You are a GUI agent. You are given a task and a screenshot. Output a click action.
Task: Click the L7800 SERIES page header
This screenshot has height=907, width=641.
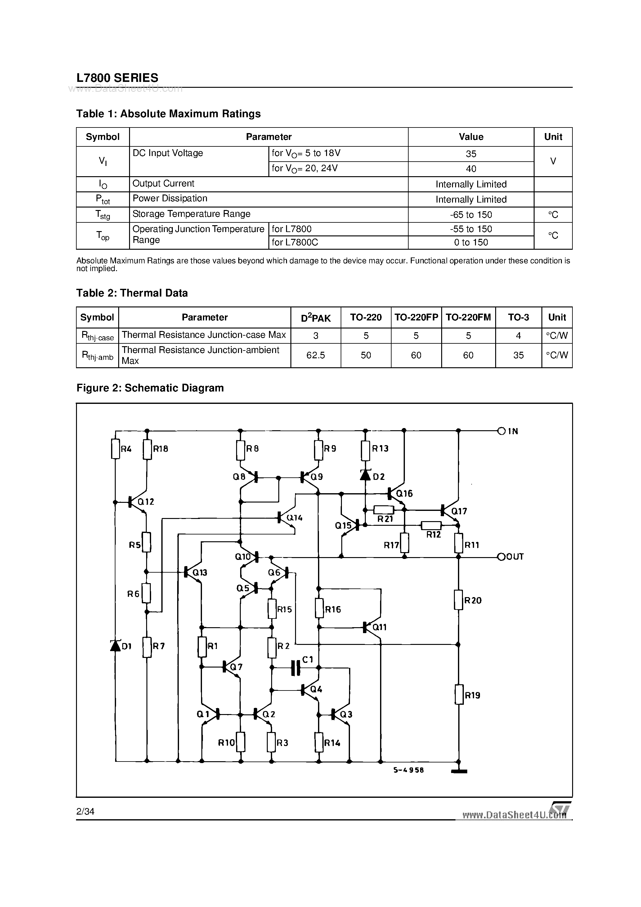click(117, 78)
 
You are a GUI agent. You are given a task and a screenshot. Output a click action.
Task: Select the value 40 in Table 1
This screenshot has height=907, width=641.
click(471, 169)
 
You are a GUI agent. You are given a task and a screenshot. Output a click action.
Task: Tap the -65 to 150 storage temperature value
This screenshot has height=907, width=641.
click(471, 215)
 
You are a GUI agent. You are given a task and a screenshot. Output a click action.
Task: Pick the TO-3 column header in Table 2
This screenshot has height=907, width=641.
click(518, 317)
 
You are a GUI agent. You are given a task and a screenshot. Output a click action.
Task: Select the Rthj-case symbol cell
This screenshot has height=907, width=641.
click(97, 336)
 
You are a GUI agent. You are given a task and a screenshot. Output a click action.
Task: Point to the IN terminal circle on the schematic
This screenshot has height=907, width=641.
click(501, 431)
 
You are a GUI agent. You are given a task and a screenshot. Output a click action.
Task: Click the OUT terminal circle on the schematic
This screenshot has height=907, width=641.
click(501, 556)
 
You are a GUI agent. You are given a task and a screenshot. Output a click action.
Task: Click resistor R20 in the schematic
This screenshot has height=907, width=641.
click(459, 600)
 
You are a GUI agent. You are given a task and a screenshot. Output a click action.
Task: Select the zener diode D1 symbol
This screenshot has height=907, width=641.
click(115, 645)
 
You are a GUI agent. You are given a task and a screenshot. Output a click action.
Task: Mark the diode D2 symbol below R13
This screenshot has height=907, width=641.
click(365, 475)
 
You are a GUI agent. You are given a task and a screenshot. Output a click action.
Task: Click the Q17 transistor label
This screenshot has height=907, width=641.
click(459, 511)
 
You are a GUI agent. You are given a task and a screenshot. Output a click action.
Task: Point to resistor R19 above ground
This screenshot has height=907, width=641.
click(459, 695)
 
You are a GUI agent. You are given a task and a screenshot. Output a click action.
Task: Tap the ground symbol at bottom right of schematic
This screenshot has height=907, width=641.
click(459, 770)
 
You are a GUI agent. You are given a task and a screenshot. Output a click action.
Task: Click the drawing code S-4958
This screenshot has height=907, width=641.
click(408, 770)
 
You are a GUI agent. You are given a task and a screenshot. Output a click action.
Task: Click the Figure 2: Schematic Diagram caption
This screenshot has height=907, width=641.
click(150, 388)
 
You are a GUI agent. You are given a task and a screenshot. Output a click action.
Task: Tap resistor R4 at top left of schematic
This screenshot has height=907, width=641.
click(115, 449)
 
